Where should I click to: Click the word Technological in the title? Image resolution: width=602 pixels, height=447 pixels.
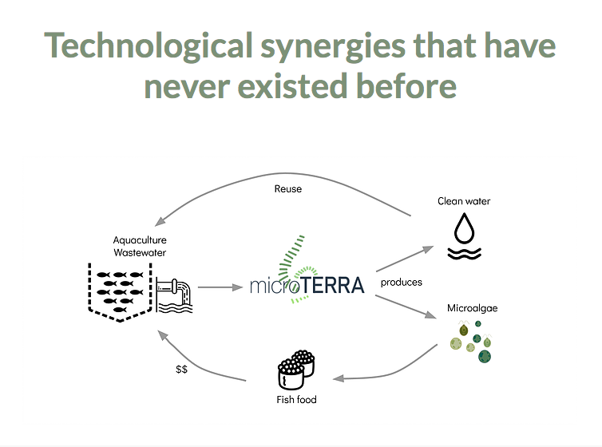point(149,45)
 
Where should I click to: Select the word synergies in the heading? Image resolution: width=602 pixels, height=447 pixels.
point(333,47)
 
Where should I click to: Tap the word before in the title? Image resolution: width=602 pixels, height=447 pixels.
point(406,86)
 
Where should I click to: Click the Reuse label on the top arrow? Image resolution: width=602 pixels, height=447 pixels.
point(288,188)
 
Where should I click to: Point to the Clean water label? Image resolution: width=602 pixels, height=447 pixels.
point(464,201)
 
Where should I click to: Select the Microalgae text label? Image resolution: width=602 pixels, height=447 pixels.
point(472,308)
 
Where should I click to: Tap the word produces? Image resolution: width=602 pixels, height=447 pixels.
point(402,283)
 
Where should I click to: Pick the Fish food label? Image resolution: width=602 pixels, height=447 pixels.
point(296,399)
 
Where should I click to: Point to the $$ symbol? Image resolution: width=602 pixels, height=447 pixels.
point(181,369)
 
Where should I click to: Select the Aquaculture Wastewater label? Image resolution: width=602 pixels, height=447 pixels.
point(140,247)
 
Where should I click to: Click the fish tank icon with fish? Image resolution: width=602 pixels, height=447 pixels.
point(120,292)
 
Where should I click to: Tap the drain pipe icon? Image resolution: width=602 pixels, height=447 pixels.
point(174,295)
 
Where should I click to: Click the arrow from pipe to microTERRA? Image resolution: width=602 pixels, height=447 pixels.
point(220,287)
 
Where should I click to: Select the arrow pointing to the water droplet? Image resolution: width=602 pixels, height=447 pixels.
point(405,259)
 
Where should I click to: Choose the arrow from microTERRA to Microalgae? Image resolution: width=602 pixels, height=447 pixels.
point(406,307)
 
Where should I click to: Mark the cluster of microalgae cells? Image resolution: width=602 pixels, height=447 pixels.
point(471,342)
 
